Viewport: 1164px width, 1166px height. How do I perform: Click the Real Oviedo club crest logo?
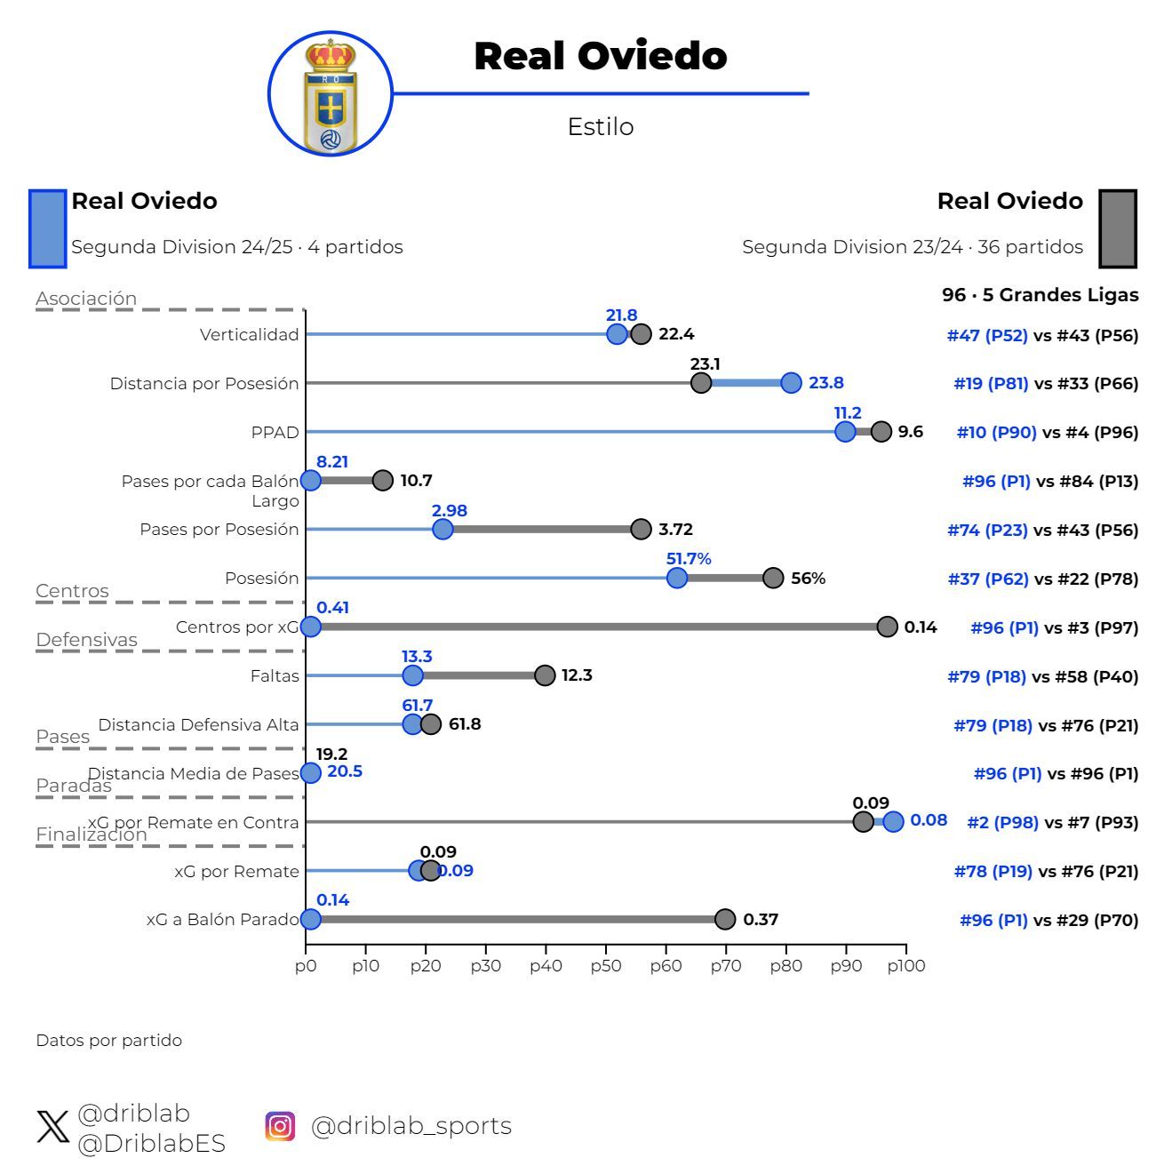point(331,94)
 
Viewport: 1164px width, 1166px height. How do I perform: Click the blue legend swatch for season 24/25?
point(48,228)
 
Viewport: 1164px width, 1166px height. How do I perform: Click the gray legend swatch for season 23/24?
point(1117,228)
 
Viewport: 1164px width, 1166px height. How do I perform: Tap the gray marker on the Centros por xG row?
point(887,627)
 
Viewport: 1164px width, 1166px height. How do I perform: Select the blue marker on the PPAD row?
point(845,432)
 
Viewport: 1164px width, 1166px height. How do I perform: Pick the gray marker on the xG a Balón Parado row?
point(725,919)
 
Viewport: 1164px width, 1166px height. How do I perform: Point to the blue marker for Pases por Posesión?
point(442,530)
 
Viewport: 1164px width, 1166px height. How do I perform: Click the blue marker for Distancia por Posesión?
point(791,383)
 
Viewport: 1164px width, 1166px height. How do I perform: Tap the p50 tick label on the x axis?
point(605,966)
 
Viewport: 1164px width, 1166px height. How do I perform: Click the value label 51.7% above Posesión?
point(689,559)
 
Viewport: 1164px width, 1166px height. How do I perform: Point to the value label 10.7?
point(416,481)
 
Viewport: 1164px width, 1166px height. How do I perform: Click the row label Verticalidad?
point(250,335)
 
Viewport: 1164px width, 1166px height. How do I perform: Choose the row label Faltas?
point(275,676)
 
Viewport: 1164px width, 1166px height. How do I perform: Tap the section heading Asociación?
point(86,299)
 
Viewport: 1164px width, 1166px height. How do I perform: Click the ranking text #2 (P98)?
point(1002,823)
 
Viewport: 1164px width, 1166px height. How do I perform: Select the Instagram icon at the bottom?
point(280,1126)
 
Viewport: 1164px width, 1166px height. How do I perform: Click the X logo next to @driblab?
point(53,1127)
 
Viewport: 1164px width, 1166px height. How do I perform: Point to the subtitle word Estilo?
point(601,127)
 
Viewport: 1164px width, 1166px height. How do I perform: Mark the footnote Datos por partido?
point(108,1041)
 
